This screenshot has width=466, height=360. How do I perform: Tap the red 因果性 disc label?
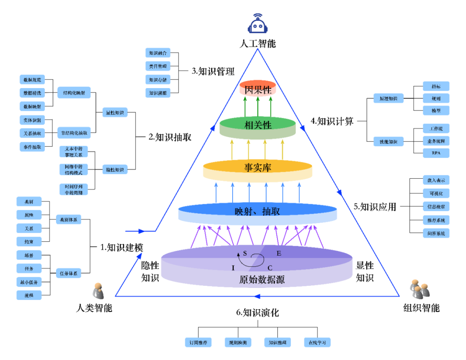(x=258, y=90)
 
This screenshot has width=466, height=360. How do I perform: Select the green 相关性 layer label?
(x=258, y=125)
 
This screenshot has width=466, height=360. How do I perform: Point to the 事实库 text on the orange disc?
(x=258, y=167)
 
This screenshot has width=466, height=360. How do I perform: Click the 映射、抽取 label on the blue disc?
(x=258, y=211)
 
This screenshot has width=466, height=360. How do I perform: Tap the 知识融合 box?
(x=157, y=53)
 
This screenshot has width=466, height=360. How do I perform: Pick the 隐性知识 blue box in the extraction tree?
(x=114, y=170)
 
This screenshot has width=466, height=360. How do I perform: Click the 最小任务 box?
(x=29, y=282)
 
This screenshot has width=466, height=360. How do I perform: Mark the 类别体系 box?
(x=69, y=220)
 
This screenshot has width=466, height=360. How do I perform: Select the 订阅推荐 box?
(x=198, y=342)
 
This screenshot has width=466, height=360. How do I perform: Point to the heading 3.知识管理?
(x=213, y=71)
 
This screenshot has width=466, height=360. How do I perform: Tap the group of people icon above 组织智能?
(x=419, y=289)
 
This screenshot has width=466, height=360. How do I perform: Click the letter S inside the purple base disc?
(x=245, y=254)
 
